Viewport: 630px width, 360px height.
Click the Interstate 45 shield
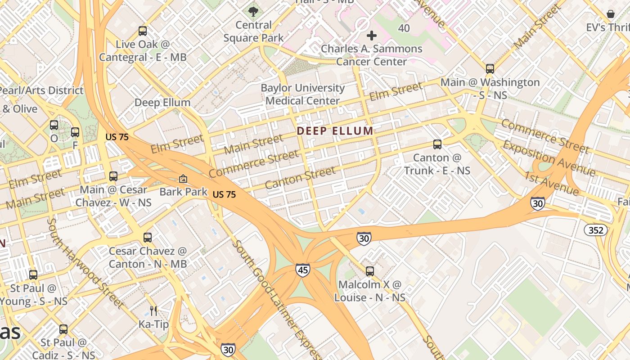302,270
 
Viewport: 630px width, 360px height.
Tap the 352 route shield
596,230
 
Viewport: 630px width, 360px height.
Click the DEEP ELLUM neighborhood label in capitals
335,131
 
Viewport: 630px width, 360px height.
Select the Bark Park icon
183,179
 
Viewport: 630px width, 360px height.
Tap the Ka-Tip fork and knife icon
153,310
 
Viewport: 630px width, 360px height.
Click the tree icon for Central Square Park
253,12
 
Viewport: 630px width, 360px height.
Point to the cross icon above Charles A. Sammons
372,35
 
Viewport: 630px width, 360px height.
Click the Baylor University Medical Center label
302,94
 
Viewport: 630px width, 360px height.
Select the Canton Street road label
300,178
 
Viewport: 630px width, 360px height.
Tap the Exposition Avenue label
549,158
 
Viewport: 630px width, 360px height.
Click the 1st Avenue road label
551,183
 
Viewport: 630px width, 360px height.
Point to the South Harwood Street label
85,263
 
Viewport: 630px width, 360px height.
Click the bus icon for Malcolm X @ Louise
370,271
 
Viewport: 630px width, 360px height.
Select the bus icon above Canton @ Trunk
437,144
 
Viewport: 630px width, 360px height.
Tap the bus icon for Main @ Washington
490,69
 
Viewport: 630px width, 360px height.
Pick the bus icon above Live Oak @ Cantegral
143,31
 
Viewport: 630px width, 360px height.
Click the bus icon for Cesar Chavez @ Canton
147,238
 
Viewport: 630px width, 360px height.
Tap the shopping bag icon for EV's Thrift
611,14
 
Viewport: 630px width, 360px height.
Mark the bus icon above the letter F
75,132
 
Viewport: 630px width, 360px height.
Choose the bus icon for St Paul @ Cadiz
63,329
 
